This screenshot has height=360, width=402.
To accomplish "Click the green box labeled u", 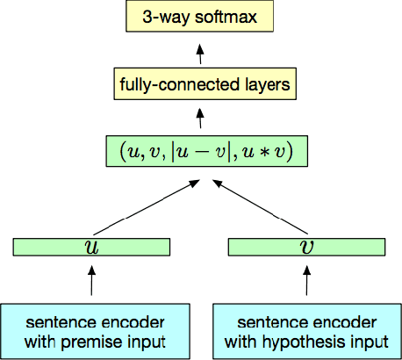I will point(91,248).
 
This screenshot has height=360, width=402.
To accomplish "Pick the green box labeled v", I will point(306,248).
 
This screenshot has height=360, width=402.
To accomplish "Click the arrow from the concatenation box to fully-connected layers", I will point(200,118).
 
